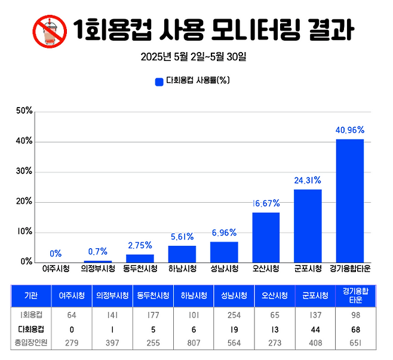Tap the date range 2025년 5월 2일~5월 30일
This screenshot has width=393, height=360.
pos(194,58)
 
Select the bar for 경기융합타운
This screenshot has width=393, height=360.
pos(349,200)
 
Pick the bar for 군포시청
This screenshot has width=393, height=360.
pos(308,225)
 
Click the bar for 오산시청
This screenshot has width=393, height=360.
pos(266,237)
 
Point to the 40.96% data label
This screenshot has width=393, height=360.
pos(349,129)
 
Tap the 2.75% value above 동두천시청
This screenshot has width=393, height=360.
pos(140,245)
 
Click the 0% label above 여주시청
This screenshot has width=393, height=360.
pos(56,254)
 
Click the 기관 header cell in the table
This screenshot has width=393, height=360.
pos(30,296)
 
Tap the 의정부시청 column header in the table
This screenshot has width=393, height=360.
pos(112,296)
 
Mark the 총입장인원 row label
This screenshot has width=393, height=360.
pos(30,343)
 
